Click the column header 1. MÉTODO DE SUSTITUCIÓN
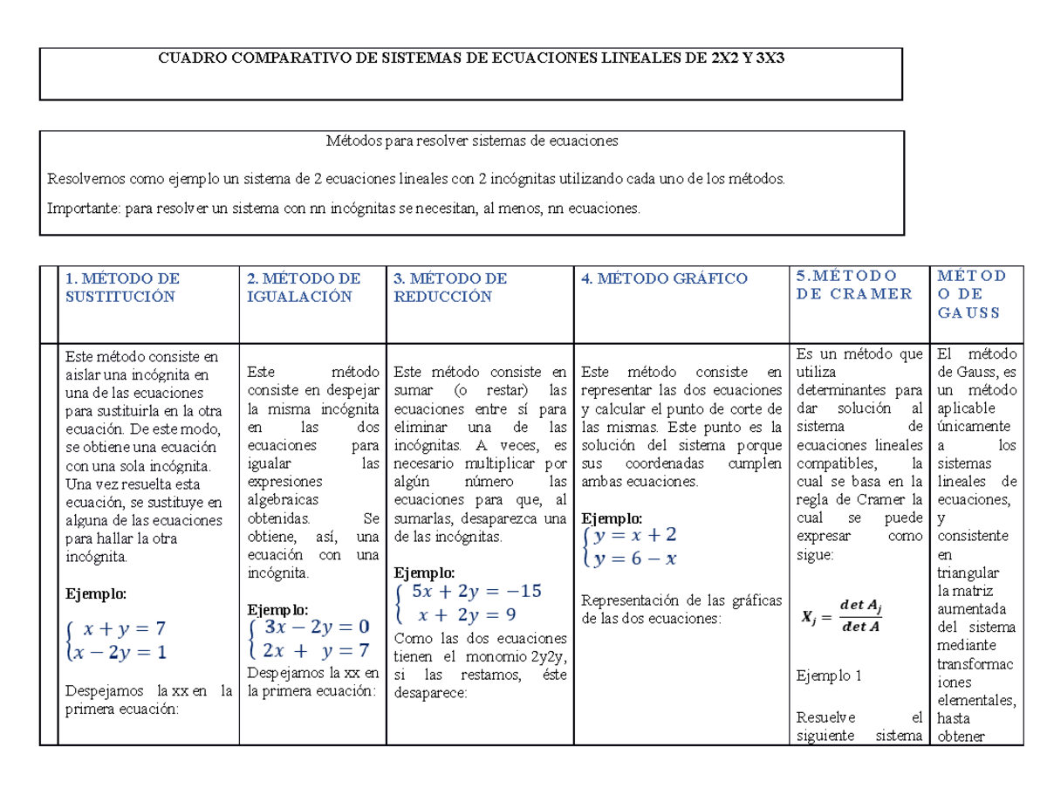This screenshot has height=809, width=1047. point(122,287)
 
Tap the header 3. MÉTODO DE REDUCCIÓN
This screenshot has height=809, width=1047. point(450,287)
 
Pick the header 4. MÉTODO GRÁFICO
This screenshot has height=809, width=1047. point(664,279)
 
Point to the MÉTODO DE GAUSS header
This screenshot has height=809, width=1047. point(970,293)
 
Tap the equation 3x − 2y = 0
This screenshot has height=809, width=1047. point(316,627)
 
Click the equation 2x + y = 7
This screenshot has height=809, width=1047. point(316,650)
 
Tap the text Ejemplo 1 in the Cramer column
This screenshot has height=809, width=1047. point(829,675)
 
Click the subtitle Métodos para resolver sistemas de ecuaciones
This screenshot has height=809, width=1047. point(471,140)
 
